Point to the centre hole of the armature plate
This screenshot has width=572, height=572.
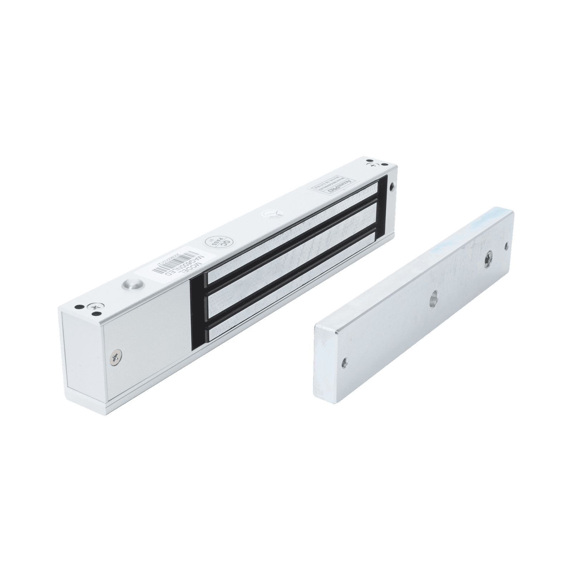(x=434, y=294)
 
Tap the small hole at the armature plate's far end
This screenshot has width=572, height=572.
(x=506, y=246)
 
